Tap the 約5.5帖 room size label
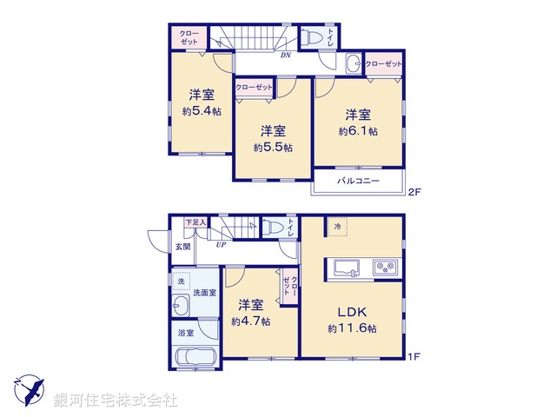(273, 148)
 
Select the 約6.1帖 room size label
(358, 131)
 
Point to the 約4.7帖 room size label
(251, 321)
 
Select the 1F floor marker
(415, 356)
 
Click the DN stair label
(285, 56)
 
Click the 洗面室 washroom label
(204, 292)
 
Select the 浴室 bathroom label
(186, 332)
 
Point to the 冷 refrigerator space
(337, 227)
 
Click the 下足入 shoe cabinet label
(195, 222)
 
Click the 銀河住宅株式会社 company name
(116, 400)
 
